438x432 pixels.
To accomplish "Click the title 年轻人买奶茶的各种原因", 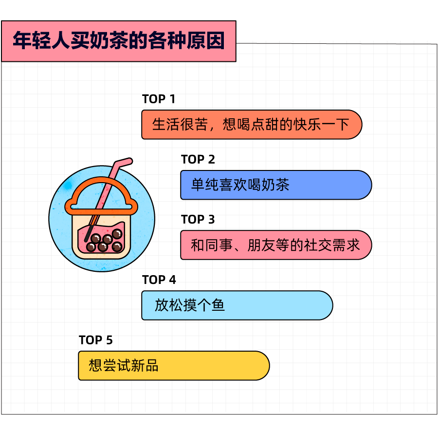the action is point(119,41).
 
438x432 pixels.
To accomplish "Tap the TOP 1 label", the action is point(159,99).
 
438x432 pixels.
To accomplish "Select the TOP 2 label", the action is point(198,159).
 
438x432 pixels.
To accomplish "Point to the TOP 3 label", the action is point(198,220).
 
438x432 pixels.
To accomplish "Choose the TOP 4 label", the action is point(159,280).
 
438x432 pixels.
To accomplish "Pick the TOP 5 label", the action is point(96,340).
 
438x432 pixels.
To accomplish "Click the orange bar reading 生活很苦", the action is point(252,124).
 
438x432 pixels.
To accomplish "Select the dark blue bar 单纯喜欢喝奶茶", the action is point(276,185).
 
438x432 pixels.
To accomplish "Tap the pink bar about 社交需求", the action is point(276,245).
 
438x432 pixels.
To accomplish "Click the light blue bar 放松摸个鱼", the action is point(237,305).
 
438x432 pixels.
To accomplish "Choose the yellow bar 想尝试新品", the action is point(174,365).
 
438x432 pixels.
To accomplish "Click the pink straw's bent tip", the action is point(129,161).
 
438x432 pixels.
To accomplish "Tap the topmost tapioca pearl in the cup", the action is point(117,233).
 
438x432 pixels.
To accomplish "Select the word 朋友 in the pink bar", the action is point(261,245).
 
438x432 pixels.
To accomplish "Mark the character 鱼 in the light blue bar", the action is point(218,305).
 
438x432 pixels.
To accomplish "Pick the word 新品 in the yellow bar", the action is point(145,365).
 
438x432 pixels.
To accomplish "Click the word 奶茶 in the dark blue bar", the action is point(275,185).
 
